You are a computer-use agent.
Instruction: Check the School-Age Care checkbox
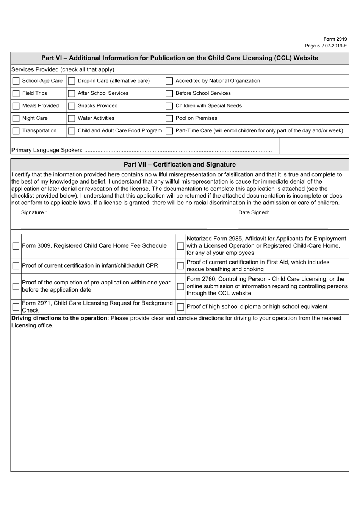point(16,81)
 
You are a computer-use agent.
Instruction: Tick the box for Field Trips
point(16,94)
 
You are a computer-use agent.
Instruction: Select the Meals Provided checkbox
point(16,106)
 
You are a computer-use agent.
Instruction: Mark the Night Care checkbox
point(16,119)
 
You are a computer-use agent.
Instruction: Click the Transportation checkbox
point(16,131)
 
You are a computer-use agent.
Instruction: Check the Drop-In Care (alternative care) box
point(71,81)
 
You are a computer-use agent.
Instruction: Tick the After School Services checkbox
point(71,94)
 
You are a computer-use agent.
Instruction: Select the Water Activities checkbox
point(71,119)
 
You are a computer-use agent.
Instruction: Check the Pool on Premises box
point(169,119)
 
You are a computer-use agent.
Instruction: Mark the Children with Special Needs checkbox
point(169,106)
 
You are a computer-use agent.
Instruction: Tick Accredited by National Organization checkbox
point(169,81)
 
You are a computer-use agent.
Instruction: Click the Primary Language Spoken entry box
point(313,146)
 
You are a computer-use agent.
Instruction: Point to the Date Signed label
point(254,212)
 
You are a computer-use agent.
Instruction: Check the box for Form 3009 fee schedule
point(16,246)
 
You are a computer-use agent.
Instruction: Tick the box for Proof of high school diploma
point(181,307)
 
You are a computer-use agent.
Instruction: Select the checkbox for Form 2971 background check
point(16,307)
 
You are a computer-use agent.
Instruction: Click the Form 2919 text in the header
point(335,39)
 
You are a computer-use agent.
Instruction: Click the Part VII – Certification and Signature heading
point(180,165)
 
